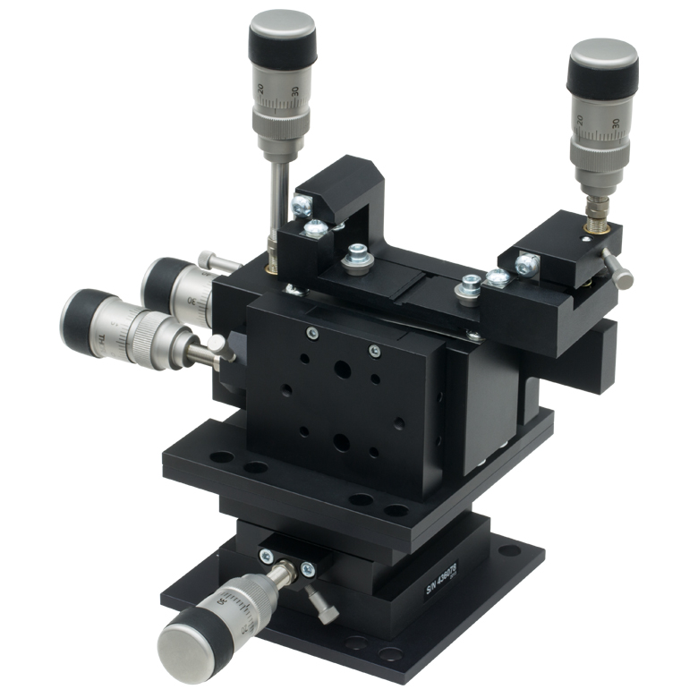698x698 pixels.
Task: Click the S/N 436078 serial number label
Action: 440,579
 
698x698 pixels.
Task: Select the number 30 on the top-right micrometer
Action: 617,123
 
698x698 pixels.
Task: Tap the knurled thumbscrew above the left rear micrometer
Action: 209,260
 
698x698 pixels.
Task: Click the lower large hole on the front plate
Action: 341,440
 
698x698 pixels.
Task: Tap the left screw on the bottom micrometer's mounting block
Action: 265,557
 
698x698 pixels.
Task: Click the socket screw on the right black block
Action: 526,265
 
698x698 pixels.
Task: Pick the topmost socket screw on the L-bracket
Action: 303,206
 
